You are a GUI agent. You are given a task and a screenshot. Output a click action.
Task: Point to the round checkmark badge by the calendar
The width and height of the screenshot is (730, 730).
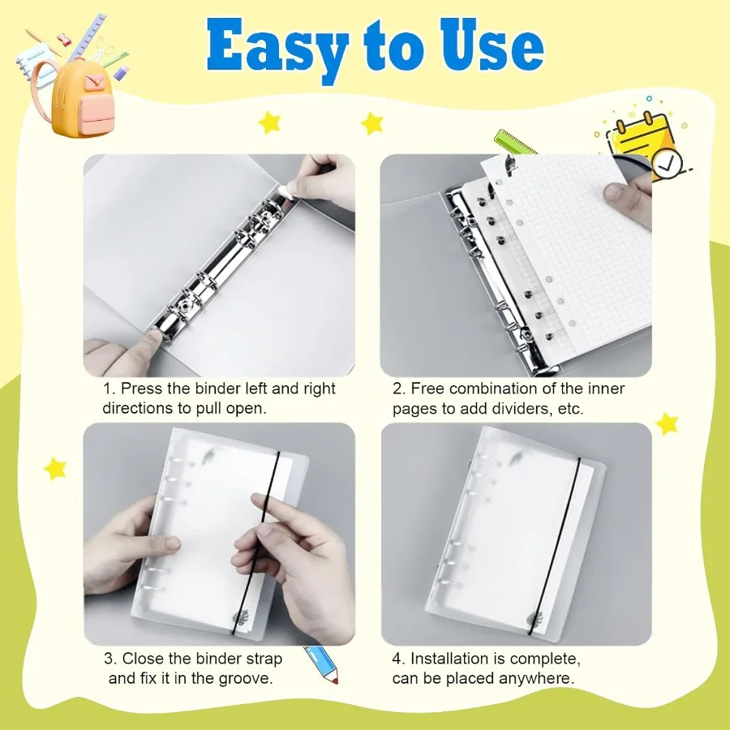[x=667, y=163]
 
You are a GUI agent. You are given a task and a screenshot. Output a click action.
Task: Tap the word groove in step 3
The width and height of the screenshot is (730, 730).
[x=244, y=678]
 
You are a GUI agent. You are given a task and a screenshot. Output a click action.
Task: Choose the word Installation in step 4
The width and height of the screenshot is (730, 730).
[x=449, y=658]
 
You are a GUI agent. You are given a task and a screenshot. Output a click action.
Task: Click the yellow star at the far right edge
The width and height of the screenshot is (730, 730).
[x=667, y=423]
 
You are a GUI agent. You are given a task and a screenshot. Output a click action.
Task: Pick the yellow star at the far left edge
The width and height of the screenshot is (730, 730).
[x=55, y=468]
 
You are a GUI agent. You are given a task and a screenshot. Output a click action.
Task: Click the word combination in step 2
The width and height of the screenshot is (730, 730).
[x=487, y=389]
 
